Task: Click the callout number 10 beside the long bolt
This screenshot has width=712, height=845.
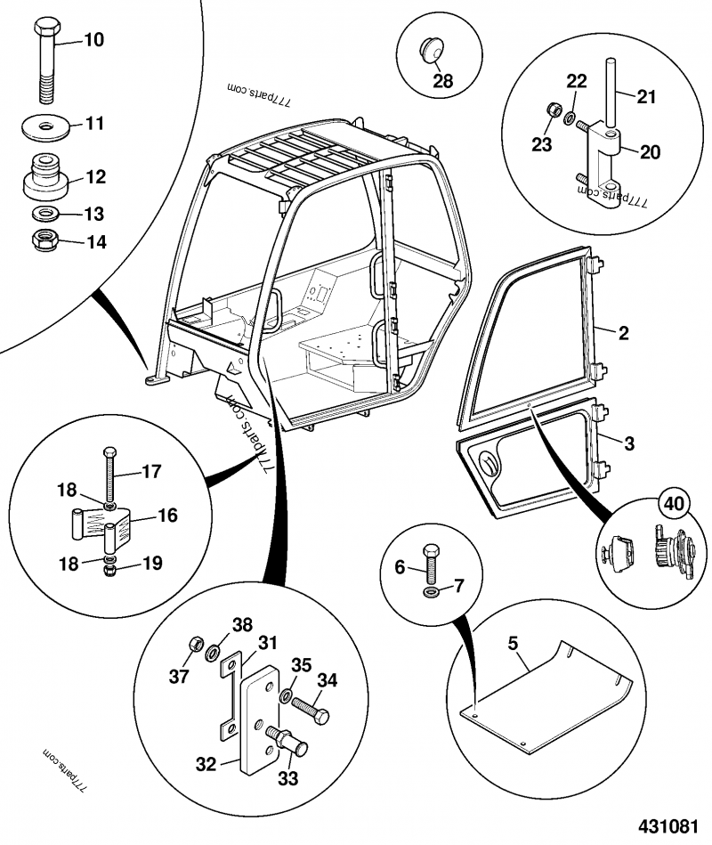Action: (93, 39)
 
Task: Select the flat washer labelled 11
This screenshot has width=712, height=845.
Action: (44, 123)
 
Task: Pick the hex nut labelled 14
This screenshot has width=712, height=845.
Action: (42, 240)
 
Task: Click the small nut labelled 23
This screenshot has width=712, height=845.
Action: (552, 114)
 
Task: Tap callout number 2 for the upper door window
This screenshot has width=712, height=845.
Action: (623, 334)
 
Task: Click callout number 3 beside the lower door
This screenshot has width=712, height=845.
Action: (628, 442)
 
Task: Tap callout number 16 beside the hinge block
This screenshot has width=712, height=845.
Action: (166, 515)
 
